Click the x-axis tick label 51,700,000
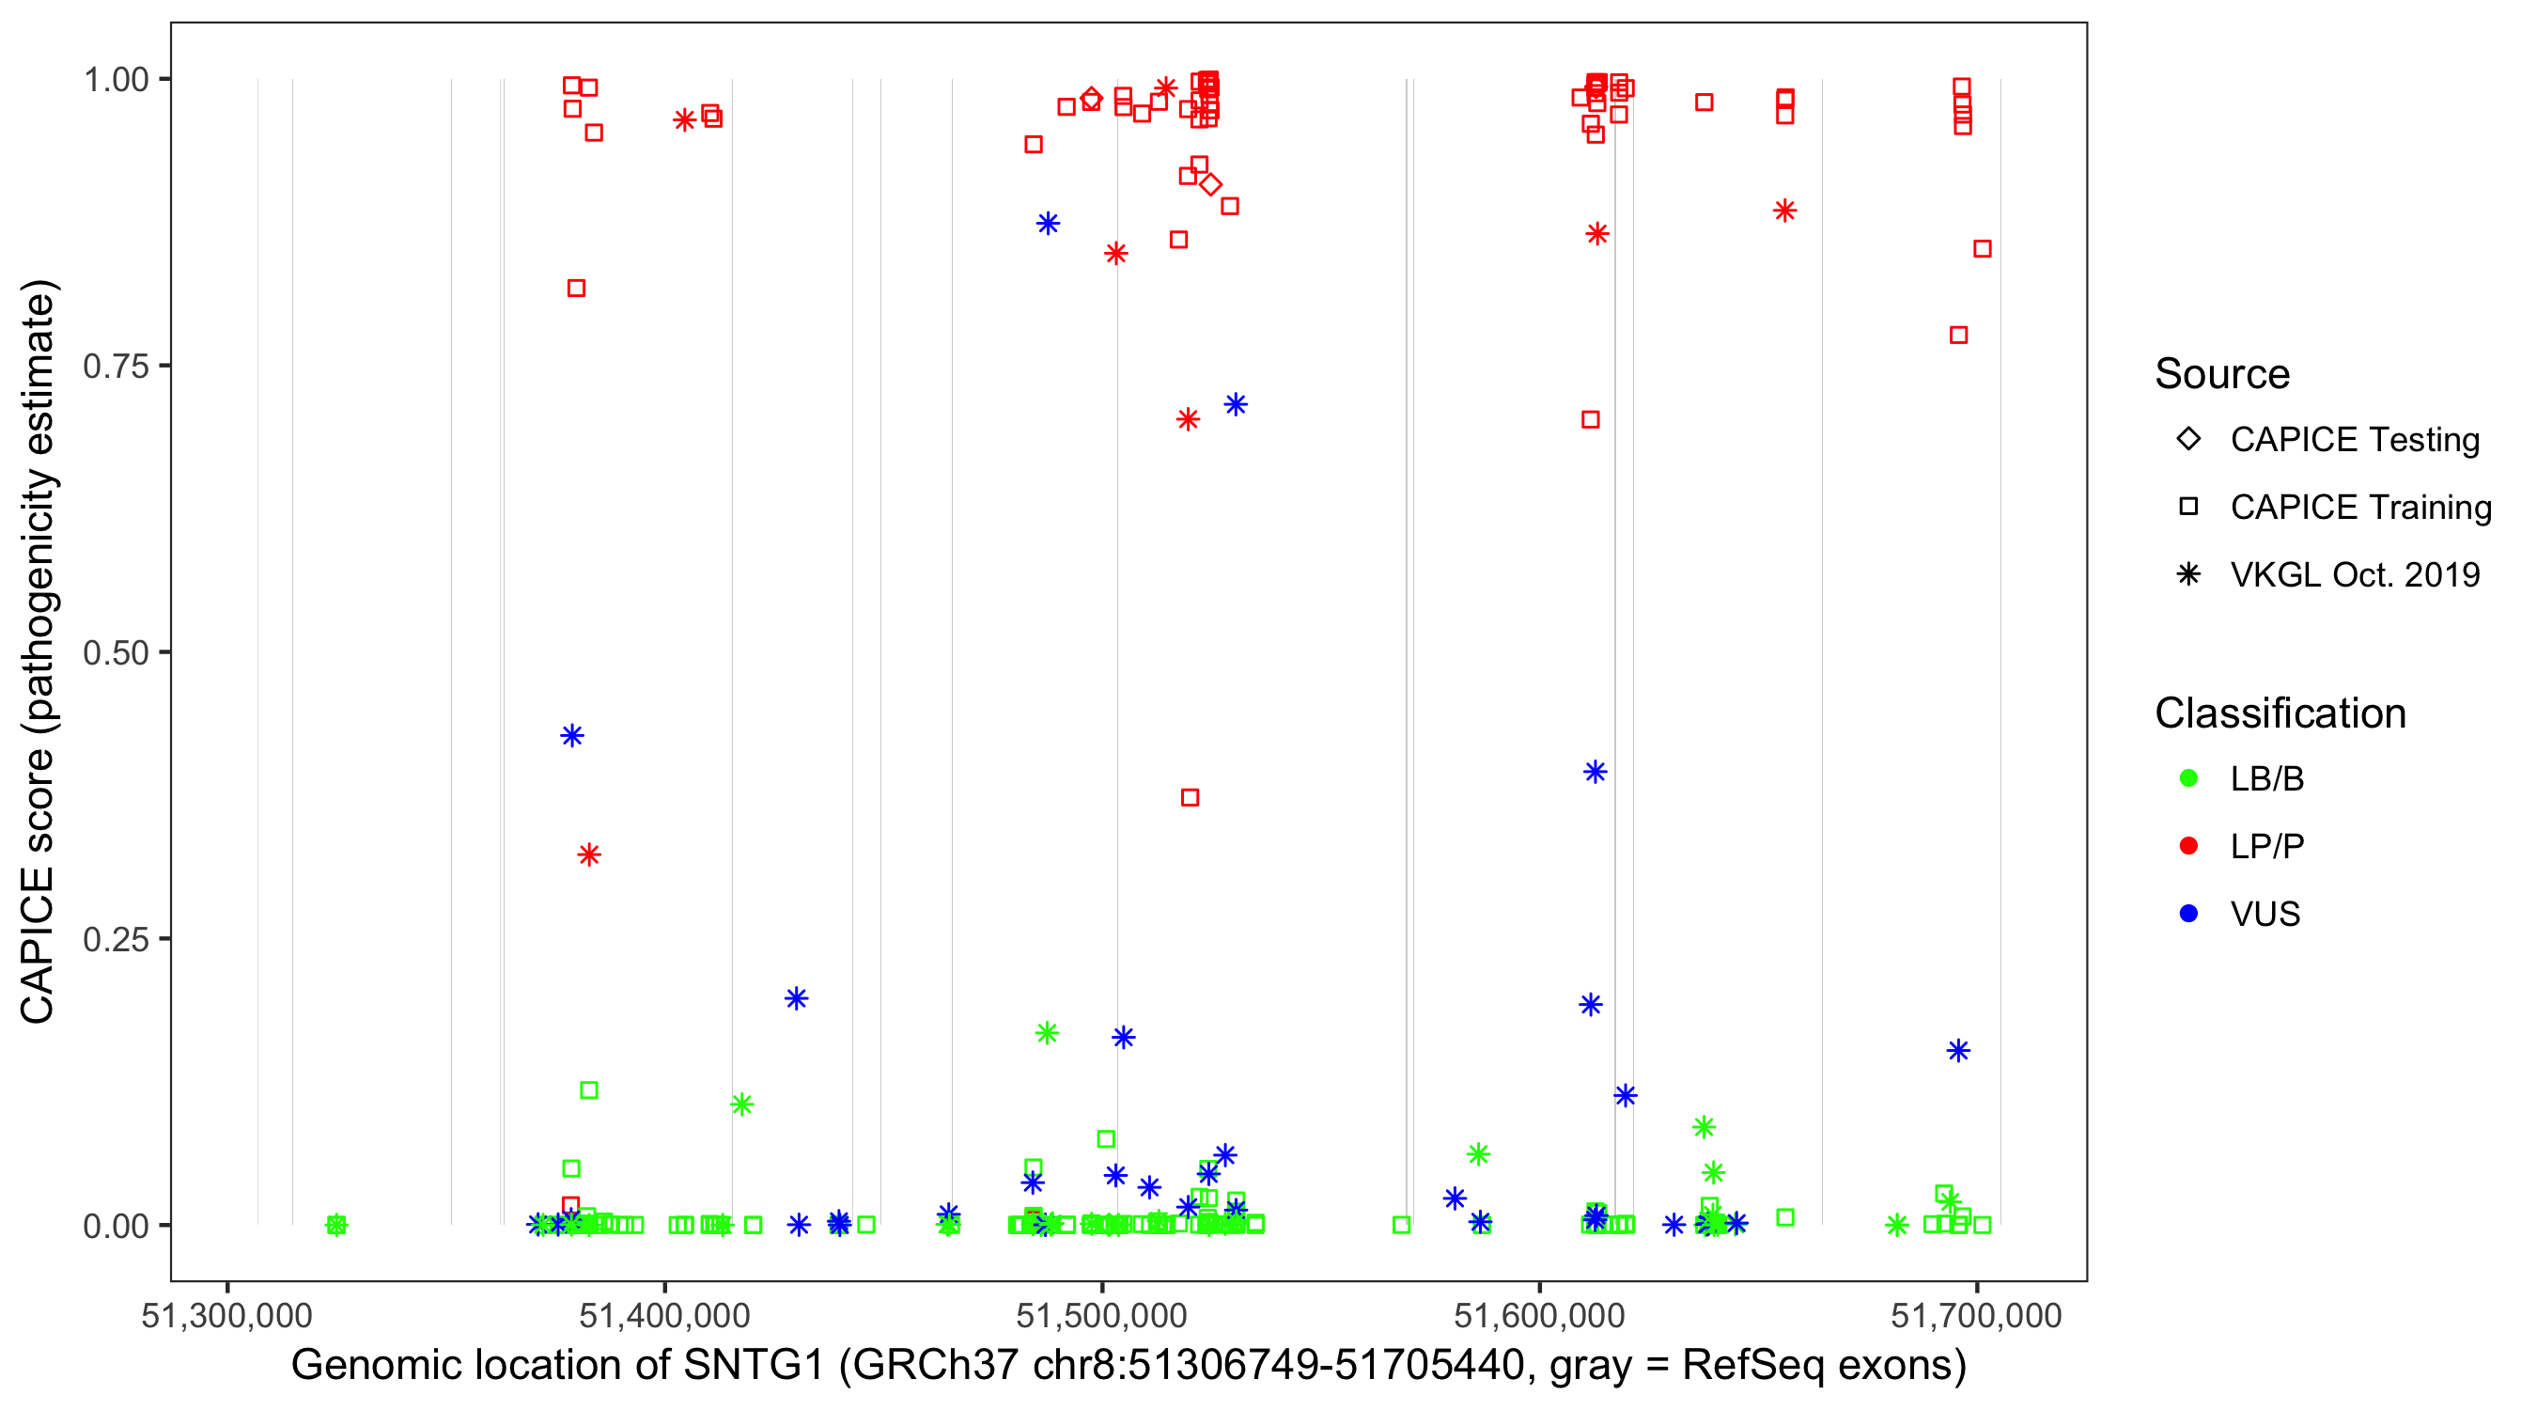click(x=1976, y=1315)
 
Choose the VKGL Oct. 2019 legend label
click(x=2355, y=574)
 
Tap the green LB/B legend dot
click(x=2188, y=778)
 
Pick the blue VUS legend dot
click(x=2188, y=914)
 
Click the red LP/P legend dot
click(x=2188, y=846)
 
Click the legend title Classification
click(x=2280, y=713)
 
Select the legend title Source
click(x=2222, y=374)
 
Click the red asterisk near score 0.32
click(x=589, y=854)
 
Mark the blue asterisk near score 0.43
click(x=572, y=736)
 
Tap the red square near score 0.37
click(x=1190, y=797)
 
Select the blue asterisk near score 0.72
click(x=1236, y=405)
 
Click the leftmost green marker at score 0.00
click(x=335, y=1225)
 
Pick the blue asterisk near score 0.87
click(x=1048, y=224)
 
